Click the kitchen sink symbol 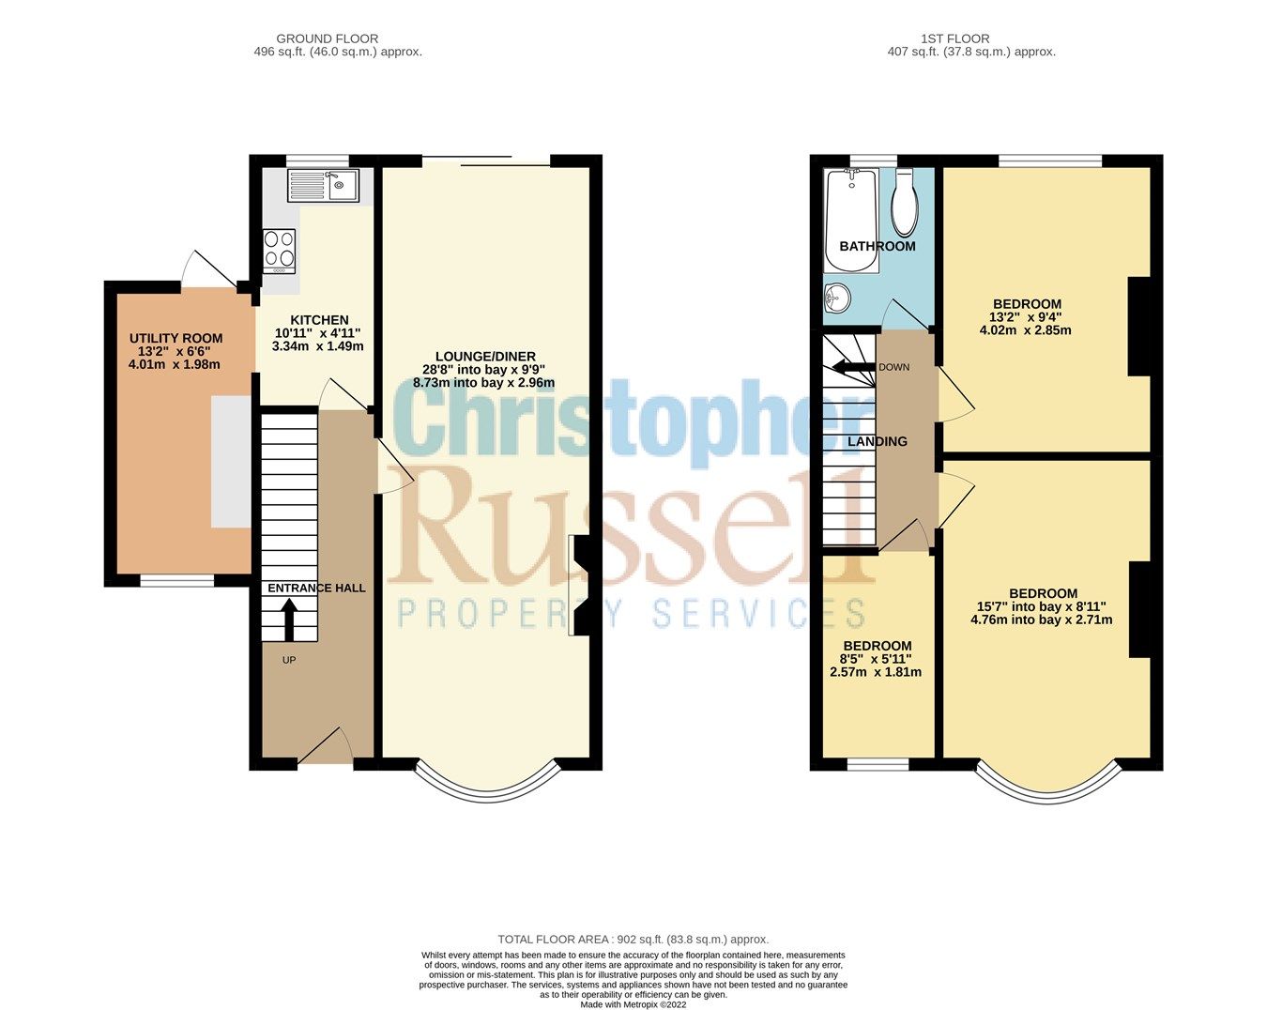(322, 186)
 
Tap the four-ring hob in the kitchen (279, 249)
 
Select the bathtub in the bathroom (851, 219)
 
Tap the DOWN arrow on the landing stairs (853, 367)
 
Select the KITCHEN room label (319, 320)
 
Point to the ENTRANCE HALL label (316, 589)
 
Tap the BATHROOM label (877, 247)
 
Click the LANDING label (878, 441)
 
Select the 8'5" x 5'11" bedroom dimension (877, 659)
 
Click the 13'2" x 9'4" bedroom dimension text (1027, 317)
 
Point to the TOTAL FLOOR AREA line (633, 939)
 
